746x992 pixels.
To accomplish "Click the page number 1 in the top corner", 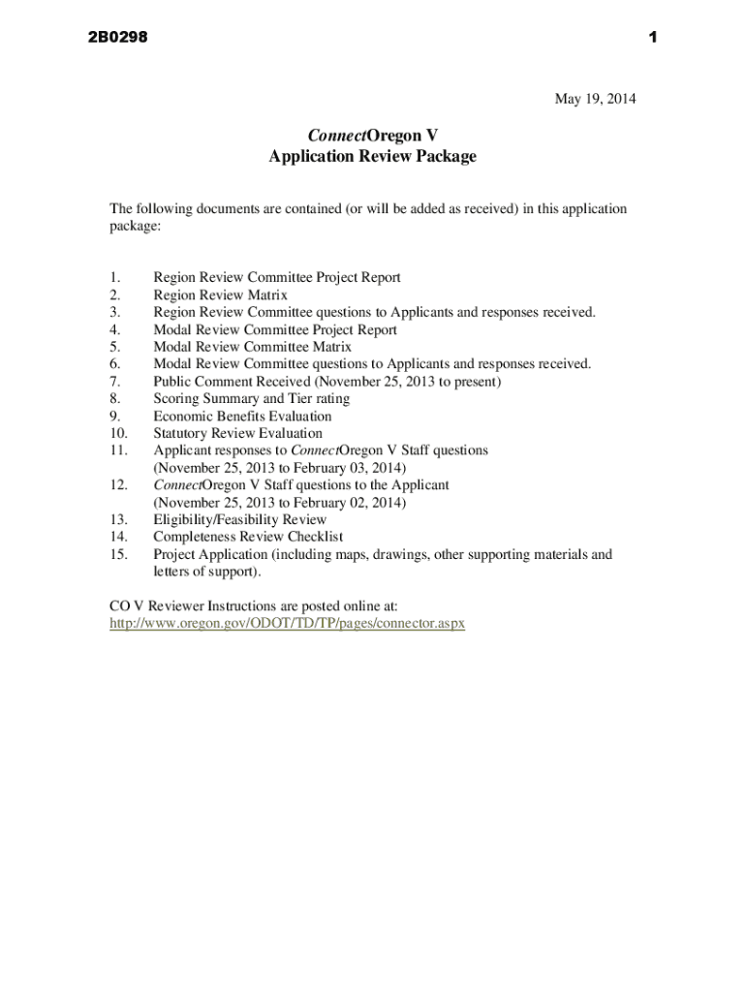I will (653, 38).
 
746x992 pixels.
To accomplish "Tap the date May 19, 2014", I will (595, 98).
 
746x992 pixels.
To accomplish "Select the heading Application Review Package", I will (372, 156).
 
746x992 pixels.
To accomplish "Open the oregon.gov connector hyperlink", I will (288, 623).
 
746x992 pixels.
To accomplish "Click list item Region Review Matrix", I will (220, 294).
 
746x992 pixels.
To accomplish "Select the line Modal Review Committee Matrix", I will (252, 347).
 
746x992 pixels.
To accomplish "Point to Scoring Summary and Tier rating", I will (251, 398).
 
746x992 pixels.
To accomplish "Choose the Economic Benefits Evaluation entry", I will (242, 416).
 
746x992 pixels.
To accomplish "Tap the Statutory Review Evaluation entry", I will (237, 433).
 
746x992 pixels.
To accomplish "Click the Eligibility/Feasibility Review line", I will (239, 519).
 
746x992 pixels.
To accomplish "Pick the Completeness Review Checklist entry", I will (248, 537).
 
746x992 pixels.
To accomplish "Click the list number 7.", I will (114, 382).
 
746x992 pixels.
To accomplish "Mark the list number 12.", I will (118, 484).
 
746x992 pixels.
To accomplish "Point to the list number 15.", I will (118, 554).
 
